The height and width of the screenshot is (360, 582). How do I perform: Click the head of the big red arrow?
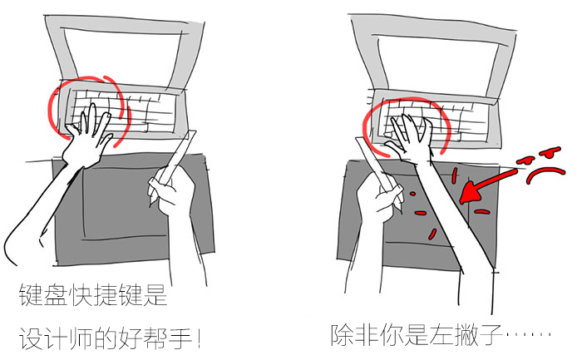[471, 192]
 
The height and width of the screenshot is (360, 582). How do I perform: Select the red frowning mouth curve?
[545, 175]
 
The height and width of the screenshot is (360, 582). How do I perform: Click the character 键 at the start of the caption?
[31, 295]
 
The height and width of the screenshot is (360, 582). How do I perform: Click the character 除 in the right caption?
[343, 335]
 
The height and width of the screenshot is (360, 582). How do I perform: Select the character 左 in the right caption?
[441, 335]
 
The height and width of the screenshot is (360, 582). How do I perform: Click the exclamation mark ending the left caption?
[199, 338]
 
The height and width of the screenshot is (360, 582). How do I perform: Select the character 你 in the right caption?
[392, 335]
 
